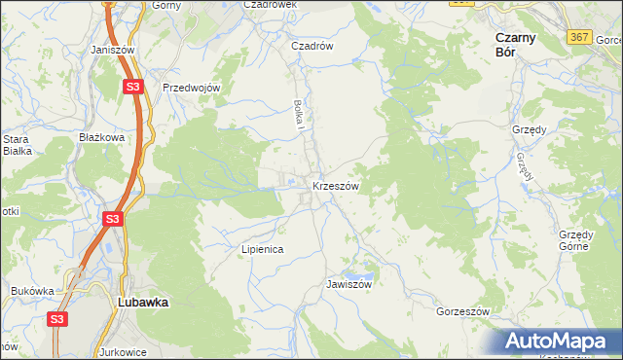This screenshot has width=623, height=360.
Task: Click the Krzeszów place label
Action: [x=336, y=185]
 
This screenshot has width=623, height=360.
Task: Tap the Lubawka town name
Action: [x=142, y=302]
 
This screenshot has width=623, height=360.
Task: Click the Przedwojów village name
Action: [x=193, y=88]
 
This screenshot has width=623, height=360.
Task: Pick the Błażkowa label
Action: [x=102, y=138]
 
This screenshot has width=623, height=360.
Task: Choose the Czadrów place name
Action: [x=313, y=46]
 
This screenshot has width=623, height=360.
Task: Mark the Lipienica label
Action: [x=262, y=249]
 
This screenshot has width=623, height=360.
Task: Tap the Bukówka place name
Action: [x=32, y=290]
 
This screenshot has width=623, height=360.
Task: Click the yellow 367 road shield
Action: [x=579, y=36]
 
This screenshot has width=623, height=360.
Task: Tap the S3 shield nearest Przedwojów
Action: [x=133, y=88]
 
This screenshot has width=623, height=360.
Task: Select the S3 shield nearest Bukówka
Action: [x=57, y=318]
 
